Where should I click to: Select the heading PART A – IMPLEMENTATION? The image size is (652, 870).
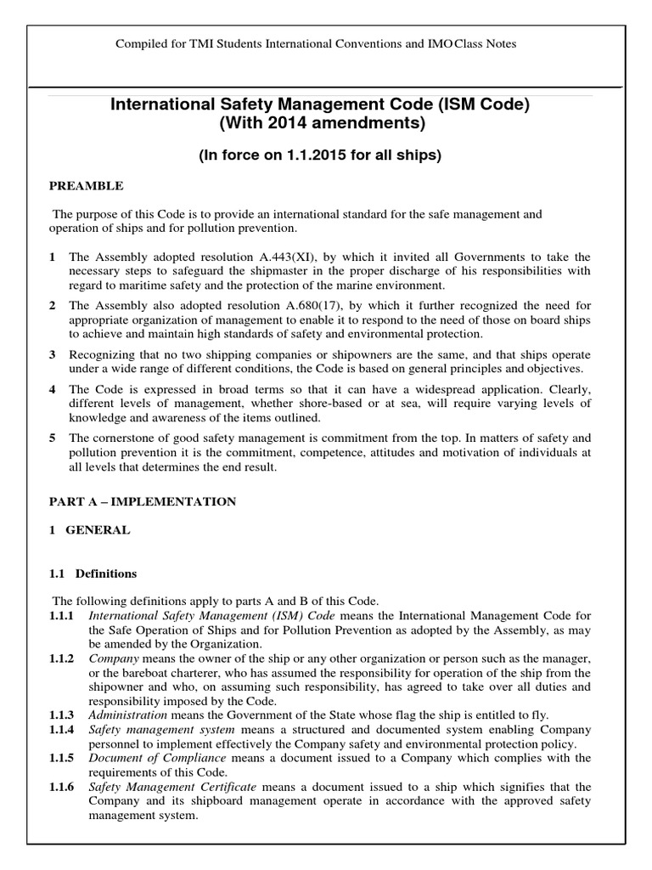142,502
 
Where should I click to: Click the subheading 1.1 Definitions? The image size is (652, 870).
93,573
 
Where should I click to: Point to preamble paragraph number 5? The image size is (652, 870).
53,438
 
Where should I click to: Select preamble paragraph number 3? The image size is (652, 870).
53,353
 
